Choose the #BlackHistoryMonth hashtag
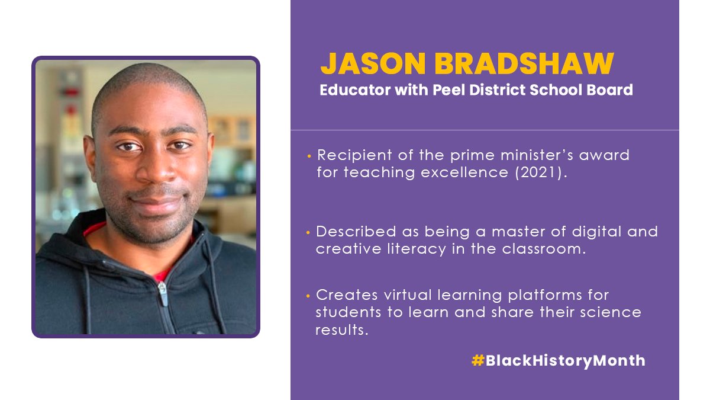coord(558,360)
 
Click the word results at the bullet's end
coord(342,329)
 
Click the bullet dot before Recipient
coord(309,156)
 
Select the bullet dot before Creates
coord(308,295)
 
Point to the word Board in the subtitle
coord(611,91)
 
